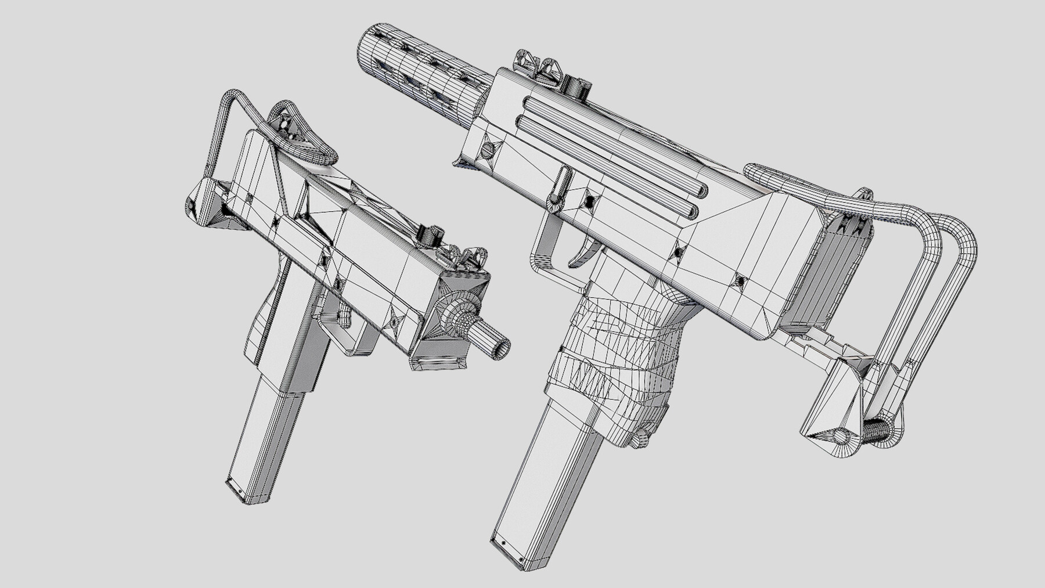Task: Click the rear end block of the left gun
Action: (203, 203)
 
